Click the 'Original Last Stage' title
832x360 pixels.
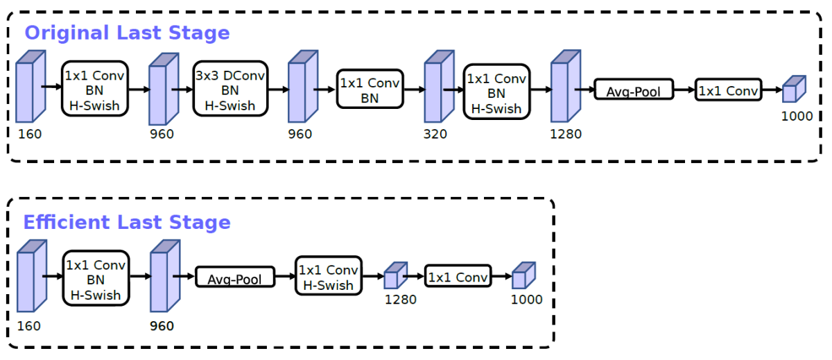[x=127, y=33]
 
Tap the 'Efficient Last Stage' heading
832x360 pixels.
[x=127, y=222]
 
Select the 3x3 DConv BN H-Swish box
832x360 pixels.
[x=229, y=89]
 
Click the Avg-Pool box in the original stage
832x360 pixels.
[x=634, y=89]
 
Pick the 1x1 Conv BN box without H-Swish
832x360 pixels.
[x=370, y=89]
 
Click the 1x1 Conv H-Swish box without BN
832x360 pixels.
[x=329, y=277]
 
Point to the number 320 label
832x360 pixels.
[x=435, y=134]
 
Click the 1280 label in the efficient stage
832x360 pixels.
[x=401, y=300]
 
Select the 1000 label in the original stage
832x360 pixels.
[x=797, y=116]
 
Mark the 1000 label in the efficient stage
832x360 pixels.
[x=526, y=300]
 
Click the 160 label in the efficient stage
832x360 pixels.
[x=30, y=325]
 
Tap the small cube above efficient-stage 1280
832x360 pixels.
[x=395, y=275]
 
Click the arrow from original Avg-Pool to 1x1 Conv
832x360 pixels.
[x=684, y=89]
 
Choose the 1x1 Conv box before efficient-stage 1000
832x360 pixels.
[x=458, y=277]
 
